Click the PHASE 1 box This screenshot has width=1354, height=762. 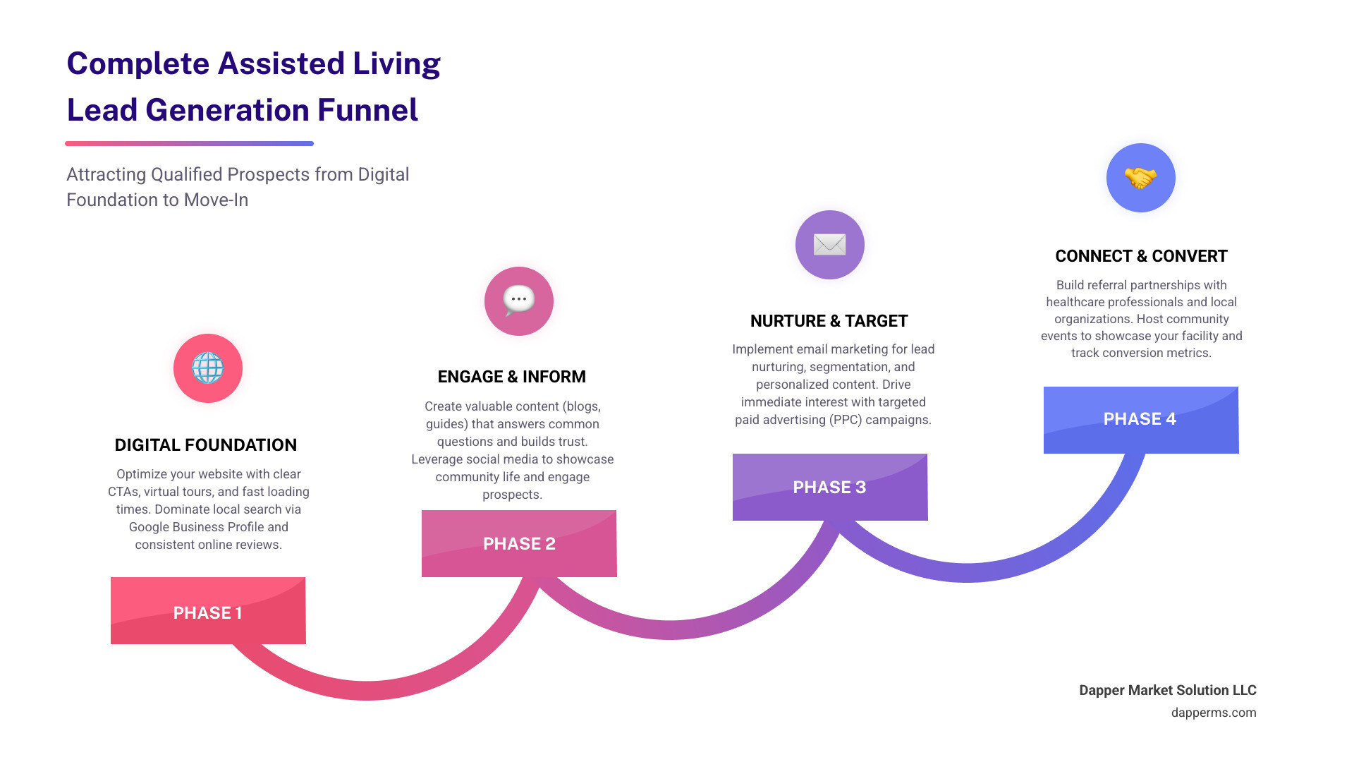pos(208,611)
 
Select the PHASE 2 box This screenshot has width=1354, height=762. pos(519,543)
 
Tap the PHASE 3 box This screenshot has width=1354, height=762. pos(829,487)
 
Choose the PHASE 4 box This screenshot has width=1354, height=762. pos(1140,420)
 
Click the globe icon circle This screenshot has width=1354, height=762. pos(208,368)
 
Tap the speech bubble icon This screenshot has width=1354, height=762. pos(519,301)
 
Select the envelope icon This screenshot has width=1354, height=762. pos(829,245)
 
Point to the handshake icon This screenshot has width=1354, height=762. pos(1140,178)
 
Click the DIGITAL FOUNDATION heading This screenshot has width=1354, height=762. pos(206,445)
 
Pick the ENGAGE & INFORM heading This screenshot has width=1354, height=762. pos(512,377)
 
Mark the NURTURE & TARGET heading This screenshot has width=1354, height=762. pos(829,321)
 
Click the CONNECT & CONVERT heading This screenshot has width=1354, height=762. pos(1141,256)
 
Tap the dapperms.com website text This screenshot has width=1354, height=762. pos(1214,713)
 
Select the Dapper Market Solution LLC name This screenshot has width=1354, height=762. pos(1168,690)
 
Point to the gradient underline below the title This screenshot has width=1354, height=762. pos(189,143)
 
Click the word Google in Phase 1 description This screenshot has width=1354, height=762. pos(150,527)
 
